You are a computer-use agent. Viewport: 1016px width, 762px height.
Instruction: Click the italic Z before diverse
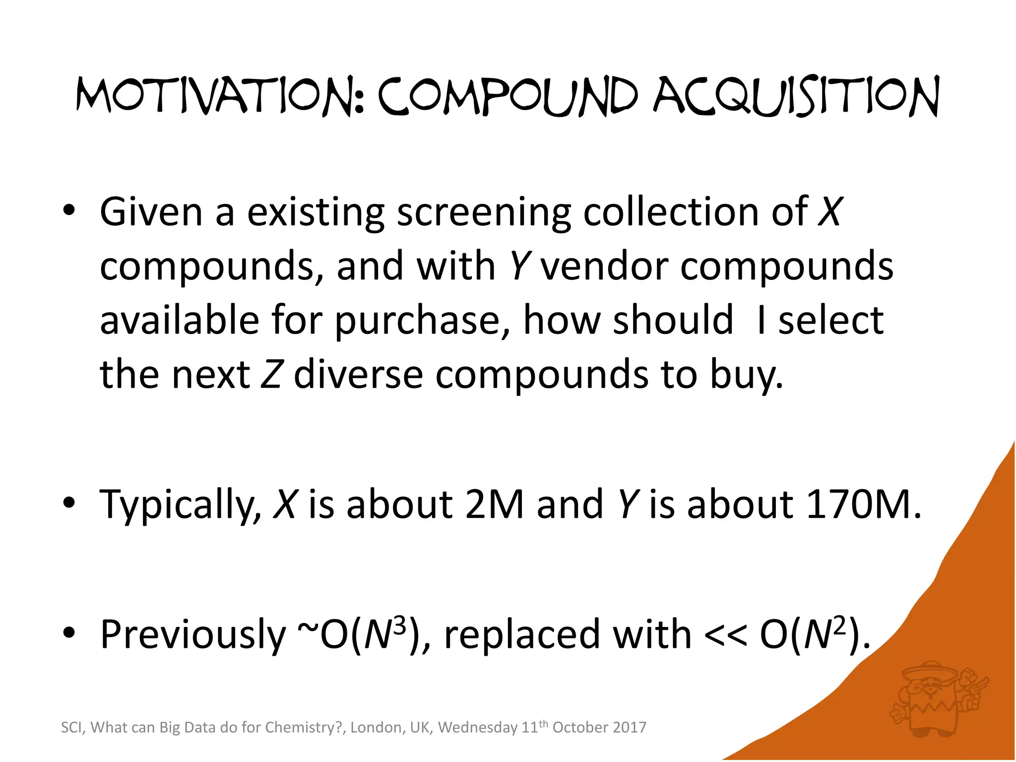click(271, 375)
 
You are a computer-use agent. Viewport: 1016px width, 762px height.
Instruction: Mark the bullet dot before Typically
click(69, 503)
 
